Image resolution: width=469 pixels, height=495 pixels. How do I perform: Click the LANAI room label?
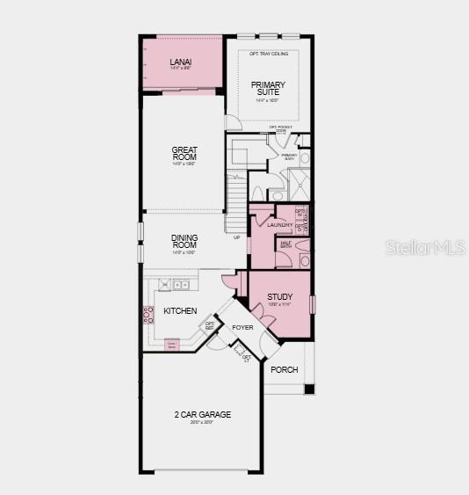[181, 62]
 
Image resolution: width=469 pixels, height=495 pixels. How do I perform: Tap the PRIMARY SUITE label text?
[268, 89]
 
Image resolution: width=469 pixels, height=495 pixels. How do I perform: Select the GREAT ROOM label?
[184, 153]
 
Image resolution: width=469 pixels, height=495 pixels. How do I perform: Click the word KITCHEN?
[180, 311]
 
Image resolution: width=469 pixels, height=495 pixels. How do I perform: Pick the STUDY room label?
[280, 297]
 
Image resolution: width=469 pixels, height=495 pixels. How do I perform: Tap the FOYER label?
[242, 327]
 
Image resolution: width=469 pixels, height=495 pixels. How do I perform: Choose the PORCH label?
[285, 369]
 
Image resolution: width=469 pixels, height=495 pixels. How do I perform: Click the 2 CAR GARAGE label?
[202, 414]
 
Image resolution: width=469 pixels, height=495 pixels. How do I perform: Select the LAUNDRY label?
[280, 225]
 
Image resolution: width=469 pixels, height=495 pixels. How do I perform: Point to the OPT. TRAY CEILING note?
[268, 55]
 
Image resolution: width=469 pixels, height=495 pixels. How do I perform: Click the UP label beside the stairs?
[236, 237]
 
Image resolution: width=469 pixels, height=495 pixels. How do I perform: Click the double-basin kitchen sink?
[181, 284]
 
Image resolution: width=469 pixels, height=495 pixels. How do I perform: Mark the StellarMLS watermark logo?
[425, 248]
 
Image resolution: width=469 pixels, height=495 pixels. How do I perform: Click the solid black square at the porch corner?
[308, 389]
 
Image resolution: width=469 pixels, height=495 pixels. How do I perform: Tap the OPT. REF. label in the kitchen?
[210, 325]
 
